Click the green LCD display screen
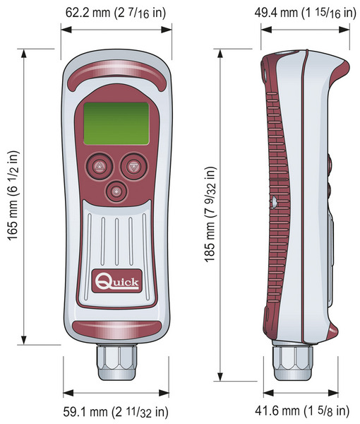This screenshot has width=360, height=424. (116, 124)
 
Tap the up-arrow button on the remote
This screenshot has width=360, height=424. (99, 166)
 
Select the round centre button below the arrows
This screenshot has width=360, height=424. (116, 192)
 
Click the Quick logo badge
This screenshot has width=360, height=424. (116, 281)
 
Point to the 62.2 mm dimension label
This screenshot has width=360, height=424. (115, 13)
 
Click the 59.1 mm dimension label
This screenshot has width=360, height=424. (116, 412)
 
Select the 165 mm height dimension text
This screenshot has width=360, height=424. (13, 195)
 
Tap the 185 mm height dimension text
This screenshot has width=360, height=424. (210, 213)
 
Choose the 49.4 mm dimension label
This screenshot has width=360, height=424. (305, 13)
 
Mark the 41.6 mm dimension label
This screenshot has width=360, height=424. (302, 411)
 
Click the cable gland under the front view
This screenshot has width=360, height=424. (116, 362)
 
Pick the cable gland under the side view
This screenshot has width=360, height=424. (293, 362)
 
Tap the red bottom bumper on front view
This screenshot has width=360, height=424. (116, 329)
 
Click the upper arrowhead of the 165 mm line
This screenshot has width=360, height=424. (24, 53)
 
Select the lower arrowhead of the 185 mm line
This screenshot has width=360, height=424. (220, 377)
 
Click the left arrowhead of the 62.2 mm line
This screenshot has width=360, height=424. (66, 30)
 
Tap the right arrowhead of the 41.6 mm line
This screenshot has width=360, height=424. (333, 393)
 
